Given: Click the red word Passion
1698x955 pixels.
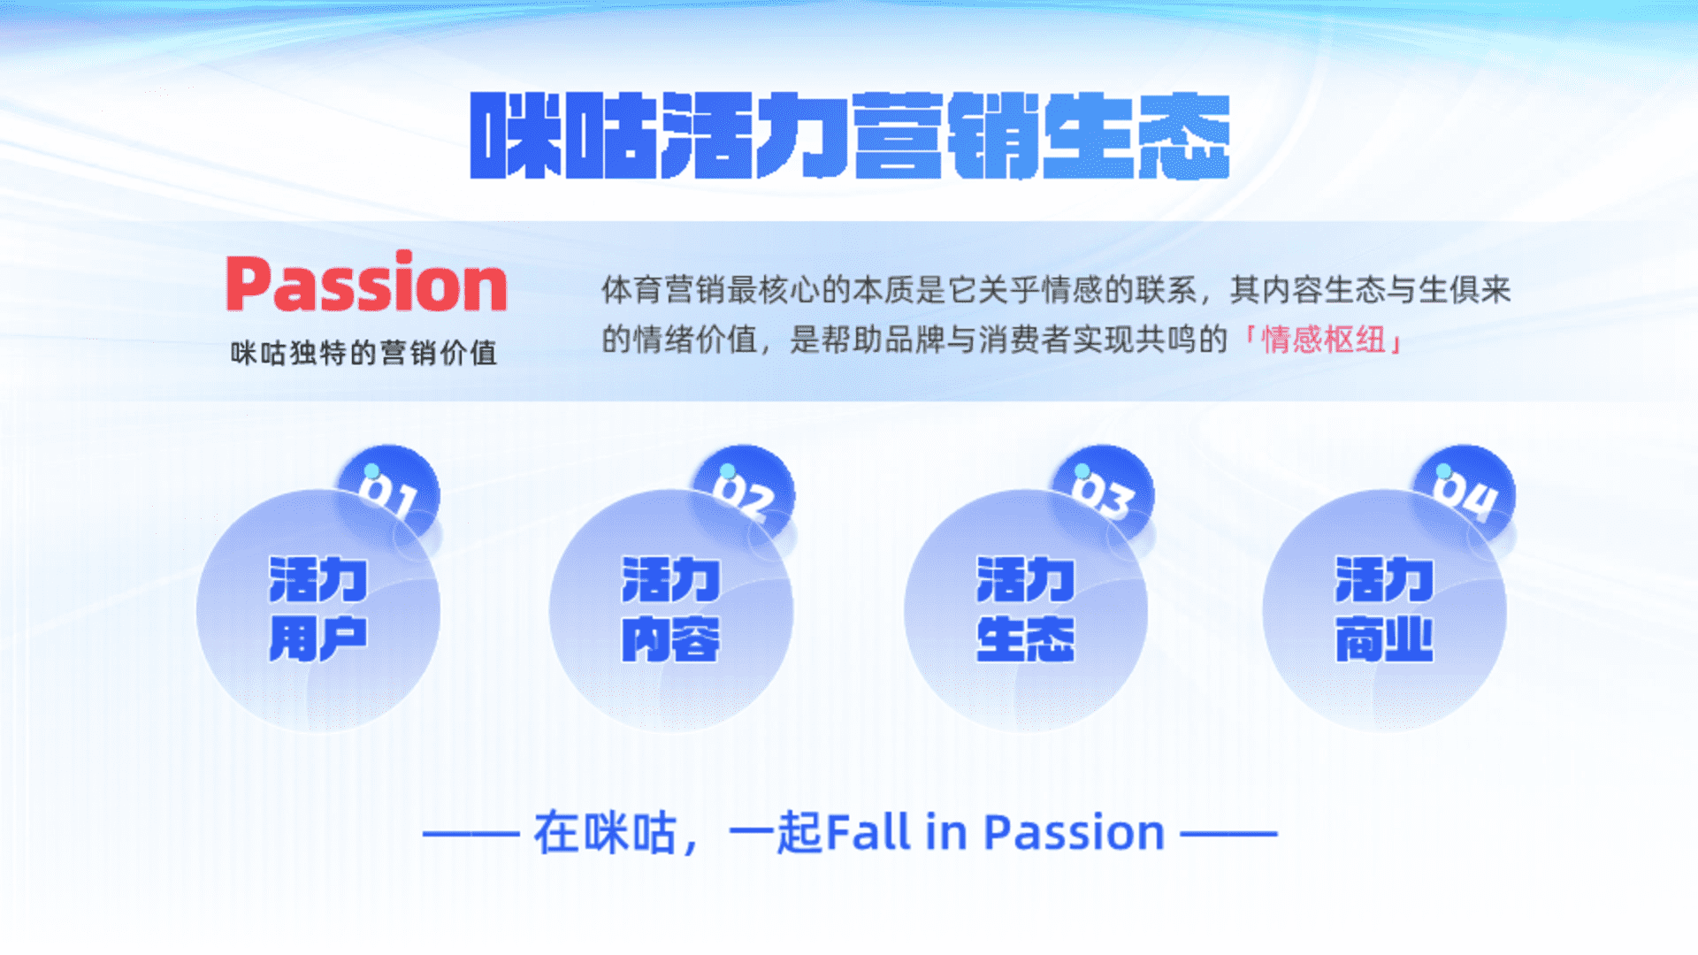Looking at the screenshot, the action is [366, 282].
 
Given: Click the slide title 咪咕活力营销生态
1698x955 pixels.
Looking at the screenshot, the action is [850, 135].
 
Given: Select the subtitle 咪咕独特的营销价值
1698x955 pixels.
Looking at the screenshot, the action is [363, 353].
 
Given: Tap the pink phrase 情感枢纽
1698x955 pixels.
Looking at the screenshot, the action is [1323, 339].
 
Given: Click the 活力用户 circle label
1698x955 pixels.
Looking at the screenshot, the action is [318, 608].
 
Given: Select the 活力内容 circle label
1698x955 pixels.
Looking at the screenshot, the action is [671, 608].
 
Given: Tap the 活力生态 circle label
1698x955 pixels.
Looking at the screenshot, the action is [1026, 608].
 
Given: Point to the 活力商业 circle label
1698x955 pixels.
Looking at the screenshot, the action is [1384, 608].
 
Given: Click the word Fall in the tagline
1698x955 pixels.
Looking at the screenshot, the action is [868, 832].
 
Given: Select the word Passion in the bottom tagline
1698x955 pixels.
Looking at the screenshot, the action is [1075, 832].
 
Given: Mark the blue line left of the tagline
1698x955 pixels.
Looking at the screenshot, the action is [470, 833].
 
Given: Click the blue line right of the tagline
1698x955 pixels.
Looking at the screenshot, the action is [1229, 833].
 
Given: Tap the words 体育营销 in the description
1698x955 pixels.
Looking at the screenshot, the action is [663, 289].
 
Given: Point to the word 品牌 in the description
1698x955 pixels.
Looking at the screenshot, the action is [915, 339].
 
